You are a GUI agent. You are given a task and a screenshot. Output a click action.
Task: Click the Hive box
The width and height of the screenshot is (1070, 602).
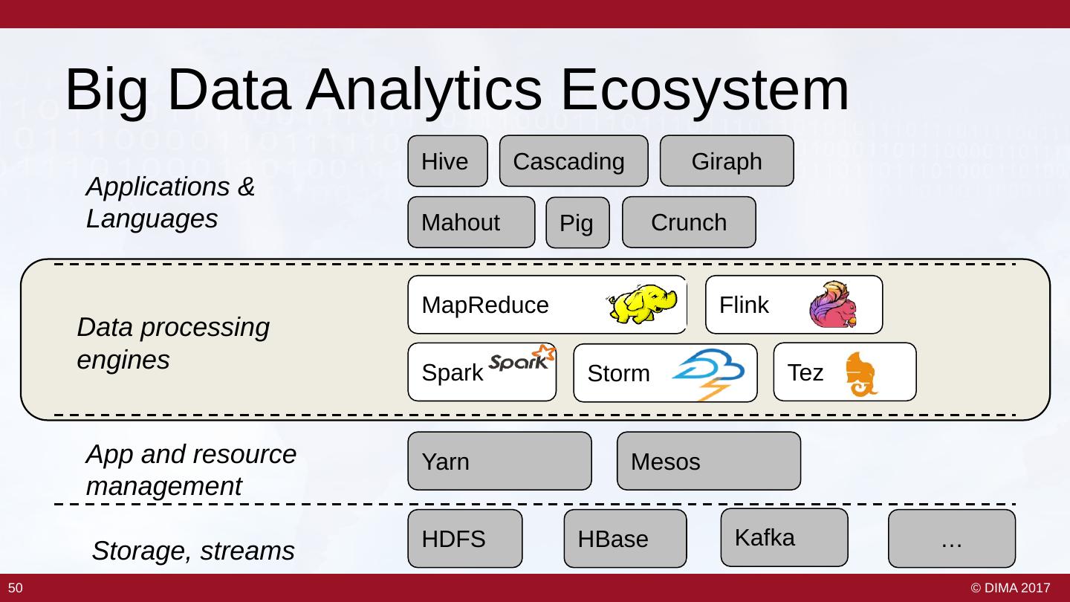(x=447, y=161)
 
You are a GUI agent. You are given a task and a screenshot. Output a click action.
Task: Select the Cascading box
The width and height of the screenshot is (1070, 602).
(x=574, y=161)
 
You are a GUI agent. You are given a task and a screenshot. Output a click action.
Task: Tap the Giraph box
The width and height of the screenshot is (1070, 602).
(x=727, y=161)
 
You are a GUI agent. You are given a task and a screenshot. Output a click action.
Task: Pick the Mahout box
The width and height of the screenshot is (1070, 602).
(x=471, y=222)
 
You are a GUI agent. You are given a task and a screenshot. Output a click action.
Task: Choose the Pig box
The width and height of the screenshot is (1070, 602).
(x=577, y=223)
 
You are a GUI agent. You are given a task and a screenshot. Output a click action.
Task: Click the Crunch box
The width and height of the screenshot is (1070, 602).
(x=689, y=222)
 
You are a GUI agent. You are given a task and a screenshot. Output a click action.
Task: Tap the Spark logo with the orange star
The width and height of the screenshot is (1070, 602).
(x=522, y=358)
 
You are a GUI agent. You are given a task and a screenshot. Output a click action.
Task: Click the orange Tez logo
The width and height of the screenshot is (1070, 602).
(x=860, y=375)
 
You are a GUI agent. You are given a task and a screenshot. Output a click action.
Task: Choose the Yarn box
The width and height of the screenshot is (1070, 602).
(x=499, y=461)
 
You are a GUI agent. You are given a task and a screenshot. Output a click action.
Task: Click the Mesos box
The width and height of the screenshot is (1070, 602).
(x=709, y=461)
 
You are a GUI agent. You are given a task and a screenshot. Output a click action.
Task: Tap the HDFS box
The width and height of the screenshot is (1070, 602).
(x=465, y=538)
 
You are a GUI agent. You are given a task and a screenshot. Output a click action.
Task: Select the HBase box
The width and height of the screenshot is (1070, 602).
(x=626, y=538)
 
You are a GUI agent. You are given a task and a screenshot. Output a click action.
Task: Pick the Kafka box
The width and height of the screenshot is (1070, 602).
(x=785, y=537)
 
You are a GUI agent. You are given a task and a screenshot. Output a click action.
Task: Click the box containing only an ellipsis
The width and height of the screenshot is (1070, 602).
(x=952, y=538)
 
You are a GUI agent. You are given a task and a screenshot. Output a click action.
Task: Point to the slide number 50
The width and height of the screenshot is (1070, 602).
(x=16, y=588)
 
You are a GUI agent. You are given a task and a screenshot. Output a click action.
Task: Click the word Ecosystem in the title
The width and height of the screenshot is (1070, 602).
(x=704, y=91)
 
